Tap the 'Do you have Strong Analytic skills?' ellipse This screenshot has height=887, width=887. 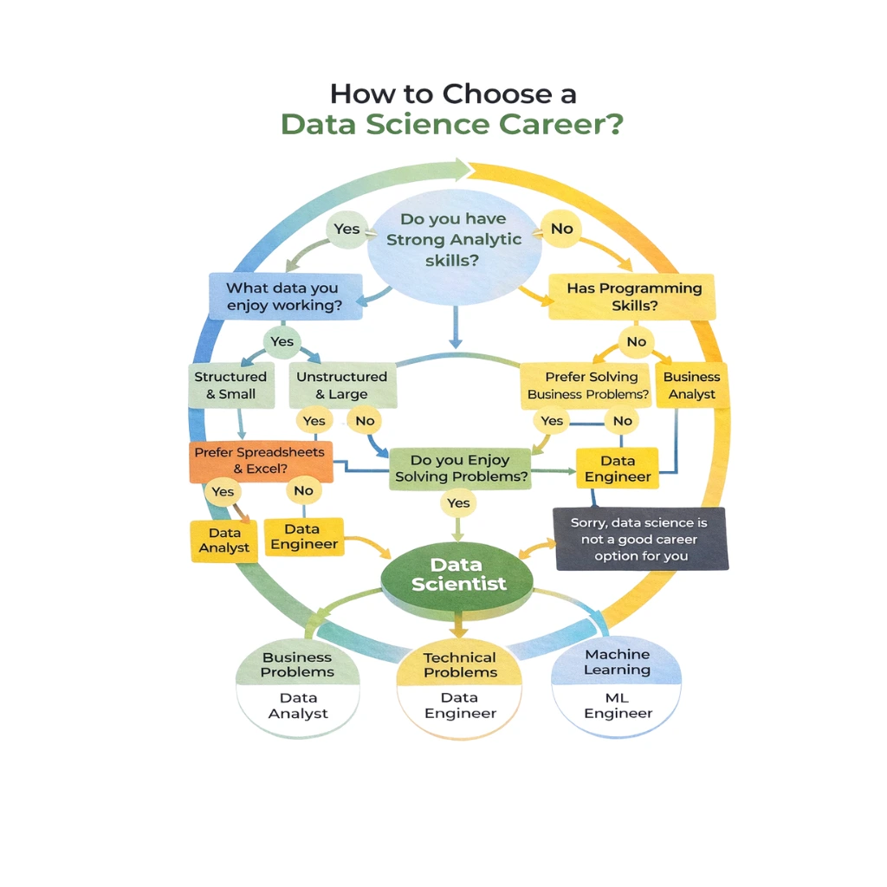(x=455, y=240)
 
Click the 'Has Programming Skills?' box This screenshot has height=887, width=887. (x=634, y=297)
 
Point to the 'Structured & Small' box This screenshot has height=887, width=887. (x=230, y=385)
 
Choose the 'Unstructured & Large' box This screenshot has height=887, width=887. (x=341, y=385)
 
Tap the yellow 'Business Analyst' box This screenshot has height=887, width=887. (x=692, y=385)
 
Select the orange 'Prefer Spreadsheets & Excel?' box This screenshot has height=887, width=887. (x=260, y=461)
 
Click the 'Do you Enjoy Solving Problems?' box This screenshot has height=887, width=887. (x=460, y=469)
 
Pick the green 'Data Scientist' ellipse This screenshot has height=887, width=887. (x=458, y=575)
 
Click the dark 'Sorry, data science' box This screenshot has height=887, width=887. (x=641, y=538)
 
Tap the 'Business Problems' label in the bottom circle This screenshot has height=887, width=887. (x=297, y=664)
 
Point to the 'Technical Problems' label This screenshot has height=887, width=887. (x=460, y=665)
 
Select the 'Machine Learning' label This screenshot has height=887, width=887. (x=617, y=663)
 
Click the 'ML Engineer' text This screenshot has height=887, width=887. (x=618, y=706)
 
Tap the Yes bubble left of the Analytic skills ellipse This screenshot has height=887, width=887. (x=346, y=230)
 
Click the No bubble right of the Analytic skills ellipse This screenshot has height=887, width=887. (x=562, y=230)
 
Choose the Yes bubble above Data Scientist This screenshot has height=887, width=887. (x=458, y=503)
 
